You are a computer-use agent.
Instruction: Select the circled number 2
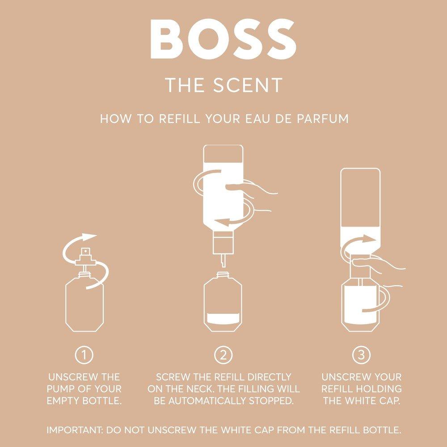(223, 355)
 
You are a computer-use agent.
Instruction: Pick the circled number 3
(361, 355)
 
